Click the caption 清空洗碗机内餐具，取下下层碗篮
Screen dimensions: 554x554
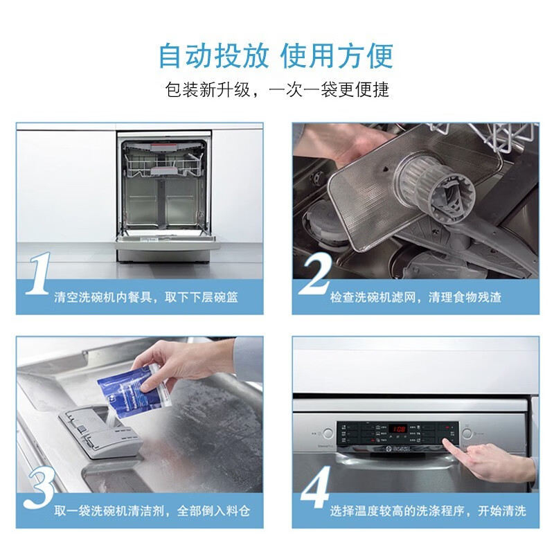coord(145,297)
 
